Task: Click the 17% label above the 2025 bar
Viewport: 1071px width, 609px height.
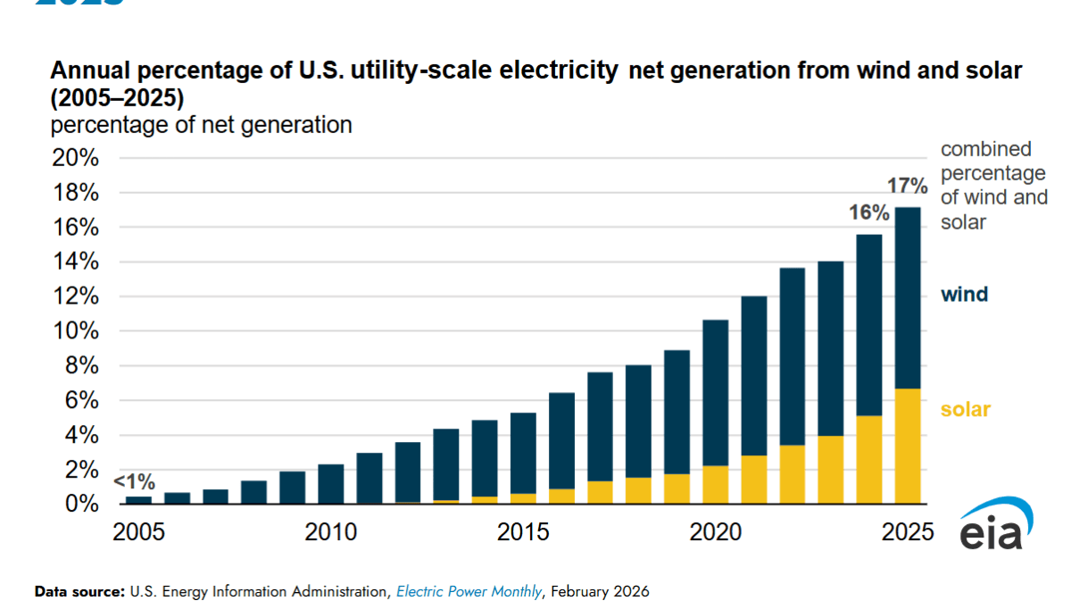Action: pos(908,186)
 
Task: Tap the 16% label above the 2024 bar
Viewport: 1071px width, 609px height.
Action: pos(868,213)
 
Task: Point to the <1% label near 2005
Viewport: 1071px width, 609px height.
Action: pos(134,482)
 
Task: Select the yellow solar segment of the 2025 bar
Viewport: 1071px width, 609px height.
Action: pos(908,446)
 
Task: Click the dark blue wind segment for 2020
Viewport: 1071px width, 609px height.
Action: pos(716,393)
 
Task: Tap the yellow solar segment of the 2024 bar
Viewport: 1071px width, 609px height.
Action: pos(869,460)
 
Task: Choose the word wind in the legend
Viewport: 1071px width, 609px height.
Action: pos(964,294)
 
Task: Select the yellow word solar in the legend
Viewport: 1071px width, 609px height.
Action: pos(965,410)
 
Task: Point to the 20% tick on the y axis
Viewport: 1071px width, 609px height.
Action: pos(76,158)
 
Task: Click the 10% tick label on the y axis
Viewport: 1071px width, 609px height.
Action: pos(76,331)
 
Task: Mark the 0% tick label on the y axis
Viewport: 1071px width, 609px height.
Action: pos(82,505)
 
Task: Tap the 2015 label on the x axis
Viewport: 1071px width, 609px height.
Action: pos(523,533)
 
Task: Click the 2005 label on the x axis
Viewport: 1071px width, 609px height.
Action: pos(138,533)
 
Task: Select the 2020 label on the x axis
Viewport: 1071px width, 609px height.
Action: pos(716,533)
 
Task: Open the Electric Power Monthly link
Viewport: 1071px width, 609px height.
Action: pos(469,591)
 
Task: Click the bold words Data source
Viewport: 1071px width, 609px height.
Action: pos(79,591)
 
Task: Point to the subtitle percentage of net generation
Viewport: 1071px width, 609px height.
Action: pos(201,125)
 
